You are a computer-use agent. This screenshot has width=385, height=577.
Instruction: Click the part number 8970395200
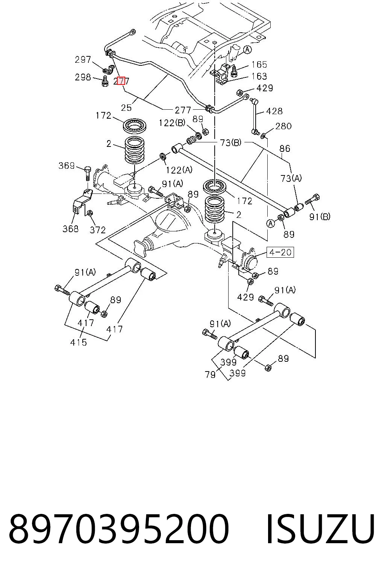(x=119, y=529)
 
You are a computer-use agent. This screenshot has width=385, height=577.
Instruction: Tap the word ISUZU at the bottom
(x=320, y=529)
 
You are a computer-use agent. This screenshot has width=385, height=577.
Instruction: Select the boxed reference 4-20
(x=280, y=252)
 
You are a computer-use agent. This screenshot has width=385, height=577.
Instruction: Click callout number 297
(x=83, y=60)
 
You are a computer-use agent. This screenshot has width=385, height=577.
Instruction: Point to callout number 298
(x=83, y=77)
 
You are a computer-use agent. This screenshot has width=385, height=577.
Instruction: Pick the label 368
(x=70, y=228)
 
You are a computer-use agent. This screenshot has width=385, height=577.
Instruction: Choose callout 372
(x=97, y=230)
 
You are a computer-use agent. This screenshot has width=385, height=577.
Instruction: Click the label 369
(x=67, y=165)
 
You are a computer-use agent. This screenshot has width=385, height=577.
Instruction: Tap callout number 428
(x=274, y=111)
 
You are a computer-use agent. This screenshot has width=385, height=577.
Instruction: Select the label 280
(x=283, y=126)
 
